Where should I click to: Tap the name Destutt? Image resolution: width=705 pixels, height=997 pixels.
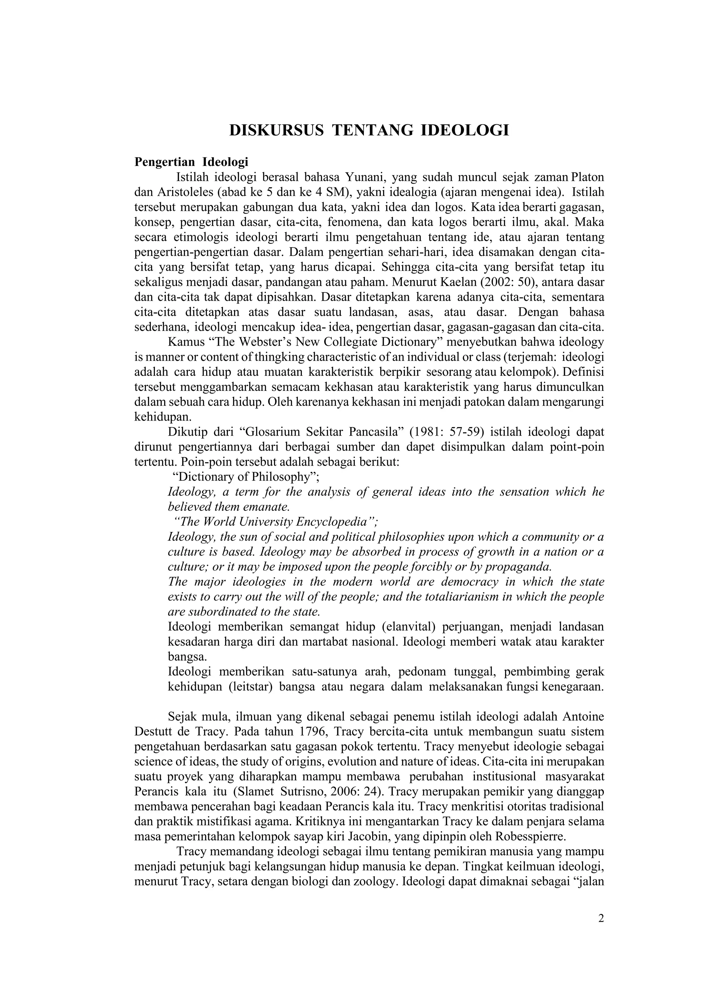coord(154,732)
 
